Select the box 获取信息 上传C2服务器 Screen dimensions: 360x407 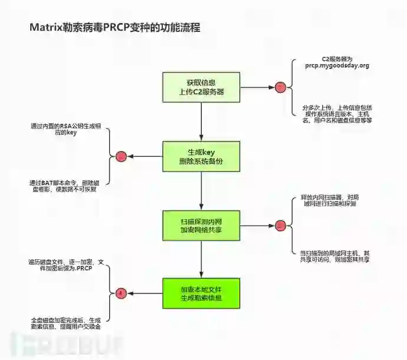[201, 87]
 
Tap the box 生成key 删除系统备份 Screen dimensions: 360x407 [201, 156]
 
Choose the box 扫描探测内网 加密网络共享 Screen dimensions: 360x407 [201, 224]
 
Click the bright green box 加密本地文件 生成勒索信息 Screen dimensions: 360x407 [201, 293]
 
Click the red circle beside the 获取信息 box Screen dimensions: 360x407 [280, 87]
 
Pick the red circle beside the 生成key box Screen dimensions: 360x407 [122, 157]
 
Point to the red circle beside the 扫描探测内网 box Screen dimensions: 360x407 [280, 225]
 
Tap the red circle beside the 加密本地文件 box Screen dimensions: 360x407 [122, 293]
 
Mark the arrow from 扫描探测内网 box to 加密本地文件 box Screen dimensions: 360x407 [201, 259]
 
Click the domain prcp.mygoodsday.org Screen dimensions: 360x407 [337, 66]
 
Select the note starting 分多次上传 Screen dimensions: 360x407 [337, 114]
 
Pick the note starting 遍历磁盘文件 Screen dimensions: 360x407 [65, 265]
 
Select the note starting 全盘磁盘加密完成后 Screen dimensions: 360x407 [65, 322]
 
